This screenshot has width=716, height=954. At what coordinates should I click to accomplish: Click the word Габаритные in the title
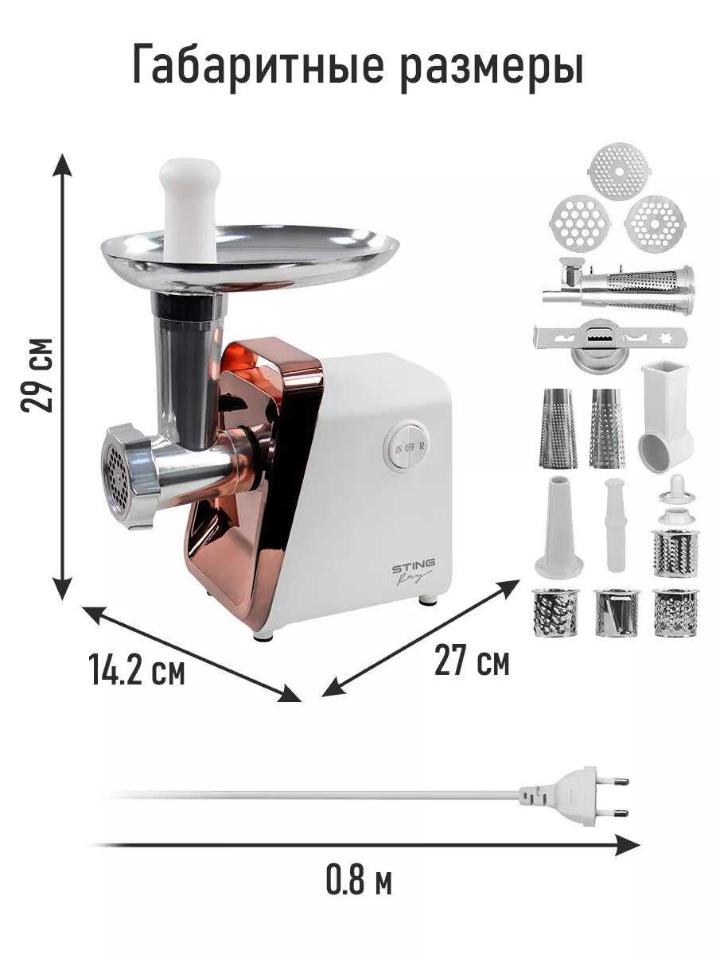click(x=257, y=64)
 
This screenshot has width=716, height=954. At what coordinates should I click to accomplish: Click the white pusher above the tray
click(x=190, y=211)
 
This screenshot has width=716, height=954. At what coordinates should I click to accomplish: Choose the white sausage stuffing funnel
click(x=558, y=528)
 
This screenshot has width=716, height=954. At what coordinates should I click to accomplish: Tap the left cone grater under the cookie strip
click(x=559, y=428)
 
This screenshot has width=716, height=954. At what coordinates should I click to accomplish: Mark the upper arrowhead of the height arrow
click(x=63, y=165)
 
